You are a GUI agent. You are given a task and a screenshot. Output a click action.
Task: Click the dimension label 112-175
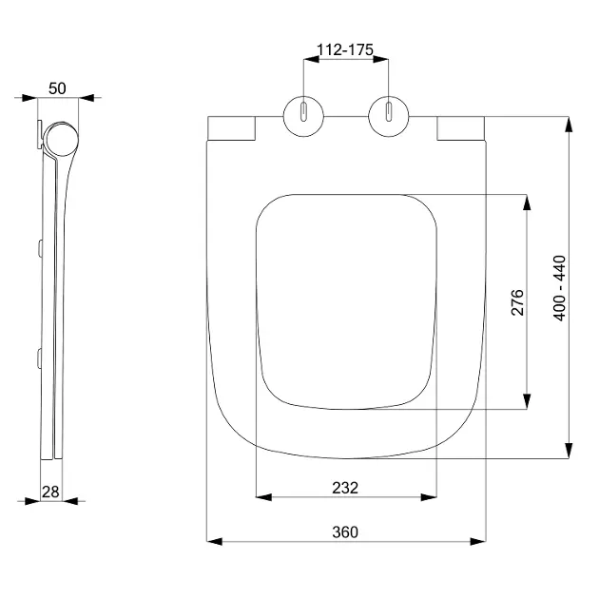[x=345, y=49]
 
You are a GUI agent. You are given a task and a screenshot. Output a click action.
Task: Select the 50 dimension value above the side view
[x=57, y=88]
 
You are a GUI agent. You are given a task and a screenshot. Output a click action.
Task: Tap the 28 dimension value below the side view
[x=50, y=493]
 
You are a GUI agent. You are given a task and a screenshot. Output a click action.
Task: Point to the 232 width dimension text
[x=345, y=488]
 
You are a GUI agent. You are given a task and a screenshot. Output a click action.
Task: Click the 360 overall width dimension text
[x=345, y=532]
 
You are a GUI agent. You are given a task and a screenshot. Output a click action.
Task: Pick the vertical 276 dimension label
[x=517, y=302]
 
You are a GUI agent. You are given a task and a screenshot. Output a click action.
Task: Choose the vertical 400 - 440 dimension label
[x=559, y=288]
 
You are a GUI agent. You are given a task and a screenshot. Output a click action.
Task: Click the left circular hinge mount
[x=303, y=116]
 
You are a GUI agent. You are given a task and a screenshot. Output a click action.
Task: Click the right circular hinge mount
[x=389, y=116]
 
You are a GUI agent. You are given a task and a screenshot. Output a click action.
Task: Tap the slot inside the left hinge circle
[x=303, y=112]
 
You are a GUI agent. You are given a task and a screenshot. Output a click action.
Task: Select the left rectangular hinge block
[x=231, y=128]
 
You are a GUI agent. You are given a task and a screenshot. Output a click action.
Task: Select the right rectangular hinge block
[x=461, y=128]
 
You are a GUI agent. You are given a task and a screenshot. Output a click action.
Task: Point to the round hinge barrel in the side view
[x=61, y=139]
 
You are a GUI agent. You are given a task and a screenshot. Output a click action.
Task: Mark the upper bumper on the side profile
[x=40, y=248]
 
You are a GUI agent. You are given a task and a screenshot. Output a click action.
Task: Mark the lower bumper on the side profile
[x=40, y=357]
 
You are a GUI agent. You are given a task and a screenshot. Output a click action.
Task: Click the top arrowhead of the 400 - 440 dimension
[x=569, y=125]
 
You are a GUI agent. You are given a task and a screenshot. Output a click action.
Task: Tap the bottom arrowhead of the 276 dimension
[x=527, y=401]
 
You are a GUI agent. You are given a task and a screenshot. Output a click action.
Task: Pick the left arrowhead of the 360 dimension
[x=214, y=541]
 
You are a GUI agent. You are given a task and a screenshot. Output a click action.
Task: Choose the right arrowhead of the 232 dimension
[x=429, y=497]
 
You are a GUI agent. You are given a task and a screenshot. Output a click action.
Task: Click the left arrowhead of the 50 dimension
[x=29, y=98]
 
